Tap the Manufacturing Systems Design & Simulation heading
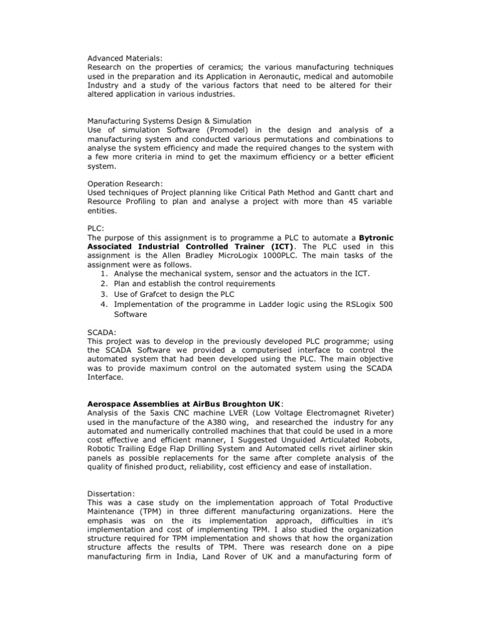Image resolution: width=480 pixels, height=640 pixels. (169, 121)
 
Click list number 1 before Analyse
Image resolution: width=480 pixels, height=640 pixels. (102, 273)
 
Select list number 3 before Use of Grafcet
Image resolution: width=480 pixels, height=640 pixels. (102, 293)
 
